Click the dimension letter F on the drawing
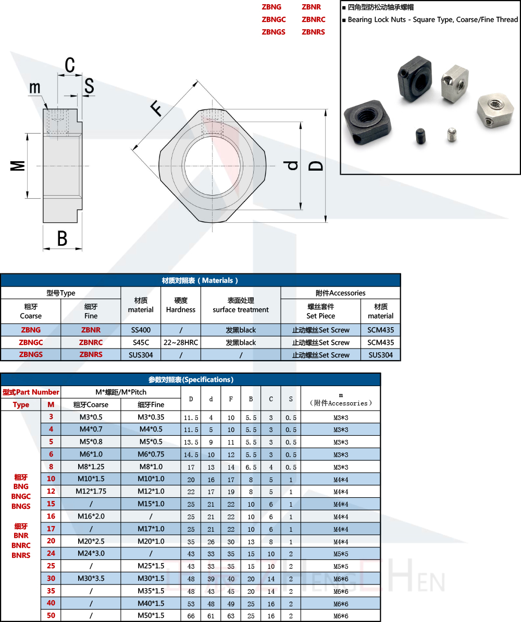click(156, 108)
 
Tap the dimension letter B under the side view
click(63, 238)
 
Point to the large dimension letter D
click(316, 165)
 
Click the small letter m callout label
click(34, 88)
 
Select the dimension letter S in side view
click(89, 86)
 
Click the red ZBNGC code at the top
click(274, 19)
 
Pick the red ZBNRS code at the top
click(313, 32)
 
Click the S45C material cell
click(141, 342)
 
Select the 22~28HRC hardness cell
click(180, 342)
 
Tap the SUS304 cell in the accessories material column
click(380, 355)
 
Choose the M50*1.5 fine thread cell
click(151, 616)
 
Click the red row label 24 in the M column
click(51, 553)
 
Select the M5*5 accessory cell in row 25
click(341, 566)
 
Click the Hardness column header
click(180, 305)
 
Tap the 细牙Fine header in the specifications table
click(151, 404)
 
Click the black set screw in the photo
click(420, 137)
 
